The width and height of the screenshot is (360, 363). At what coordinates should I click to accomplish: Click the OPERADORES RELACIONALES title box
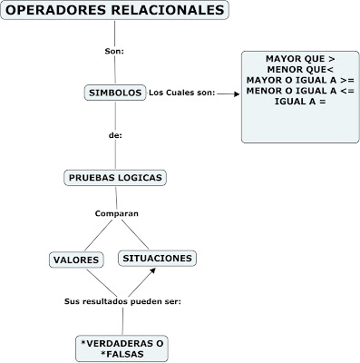coord(112,12)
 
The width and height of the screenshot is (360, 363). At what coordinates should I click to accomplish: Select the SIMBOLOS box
coord(114,93)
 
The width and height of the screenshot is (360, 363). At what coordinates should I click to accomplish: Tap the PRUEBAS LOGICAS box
coord(116,177)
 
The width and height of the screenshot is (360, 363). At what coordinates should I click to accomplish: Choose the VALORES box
coord(75,260)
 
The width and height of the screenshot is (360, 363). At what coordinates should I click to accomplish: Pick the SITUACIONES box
coord(157,259)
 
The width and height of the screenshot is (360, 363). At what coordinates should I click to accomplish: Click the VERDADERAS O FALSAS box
coord(122,348)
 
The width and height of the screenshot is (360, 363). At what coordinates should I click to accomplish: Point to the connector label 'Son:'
coord(114,51)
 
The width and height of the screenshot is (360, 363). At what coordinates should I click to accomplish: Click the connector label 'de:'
coord(114,134)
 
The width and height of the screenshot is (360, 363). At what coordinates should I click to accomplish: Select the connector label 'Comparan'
coord(116,213)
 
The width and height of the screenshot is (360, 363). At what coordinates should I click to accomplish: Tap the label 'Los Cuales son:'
coord(181,93)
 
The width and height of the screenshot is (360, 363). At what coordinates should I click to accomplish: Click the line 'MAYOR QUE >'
coord(300,58)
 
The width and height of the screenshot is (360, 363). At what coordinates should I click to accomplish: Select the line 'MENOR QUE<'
coord(300,69)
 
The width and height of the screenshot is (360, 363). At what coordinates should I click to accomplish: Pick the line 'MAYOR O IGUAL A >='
coord(300,80)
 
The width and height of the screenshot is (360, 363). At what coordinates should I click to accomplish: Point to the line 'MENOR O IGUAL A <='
coord(300,91)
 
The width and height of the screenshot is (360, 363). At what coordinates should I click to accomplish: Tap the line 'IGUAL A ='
coord(300,102)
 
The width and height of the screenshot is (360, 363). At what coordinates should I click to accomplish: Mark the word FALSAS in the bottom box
coord(122,355)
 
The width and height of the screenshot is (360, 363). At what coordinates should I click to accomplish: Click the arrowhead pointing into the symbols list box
coord(238,93)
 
